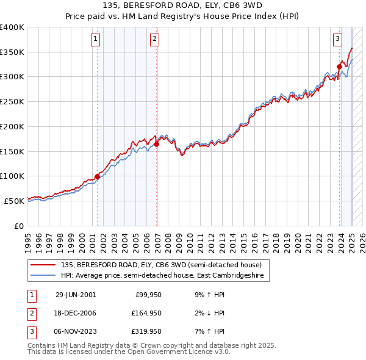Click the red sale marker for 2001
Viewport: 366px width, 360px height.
[x=97, y=176]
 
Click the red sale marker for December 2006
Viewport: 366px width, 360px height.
[x=157, y=145]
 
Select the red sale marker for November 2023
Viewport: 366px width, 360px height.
[x=339, y=67]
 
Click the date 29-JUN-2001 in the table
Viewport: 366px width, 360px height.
[x=76, y=295]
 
